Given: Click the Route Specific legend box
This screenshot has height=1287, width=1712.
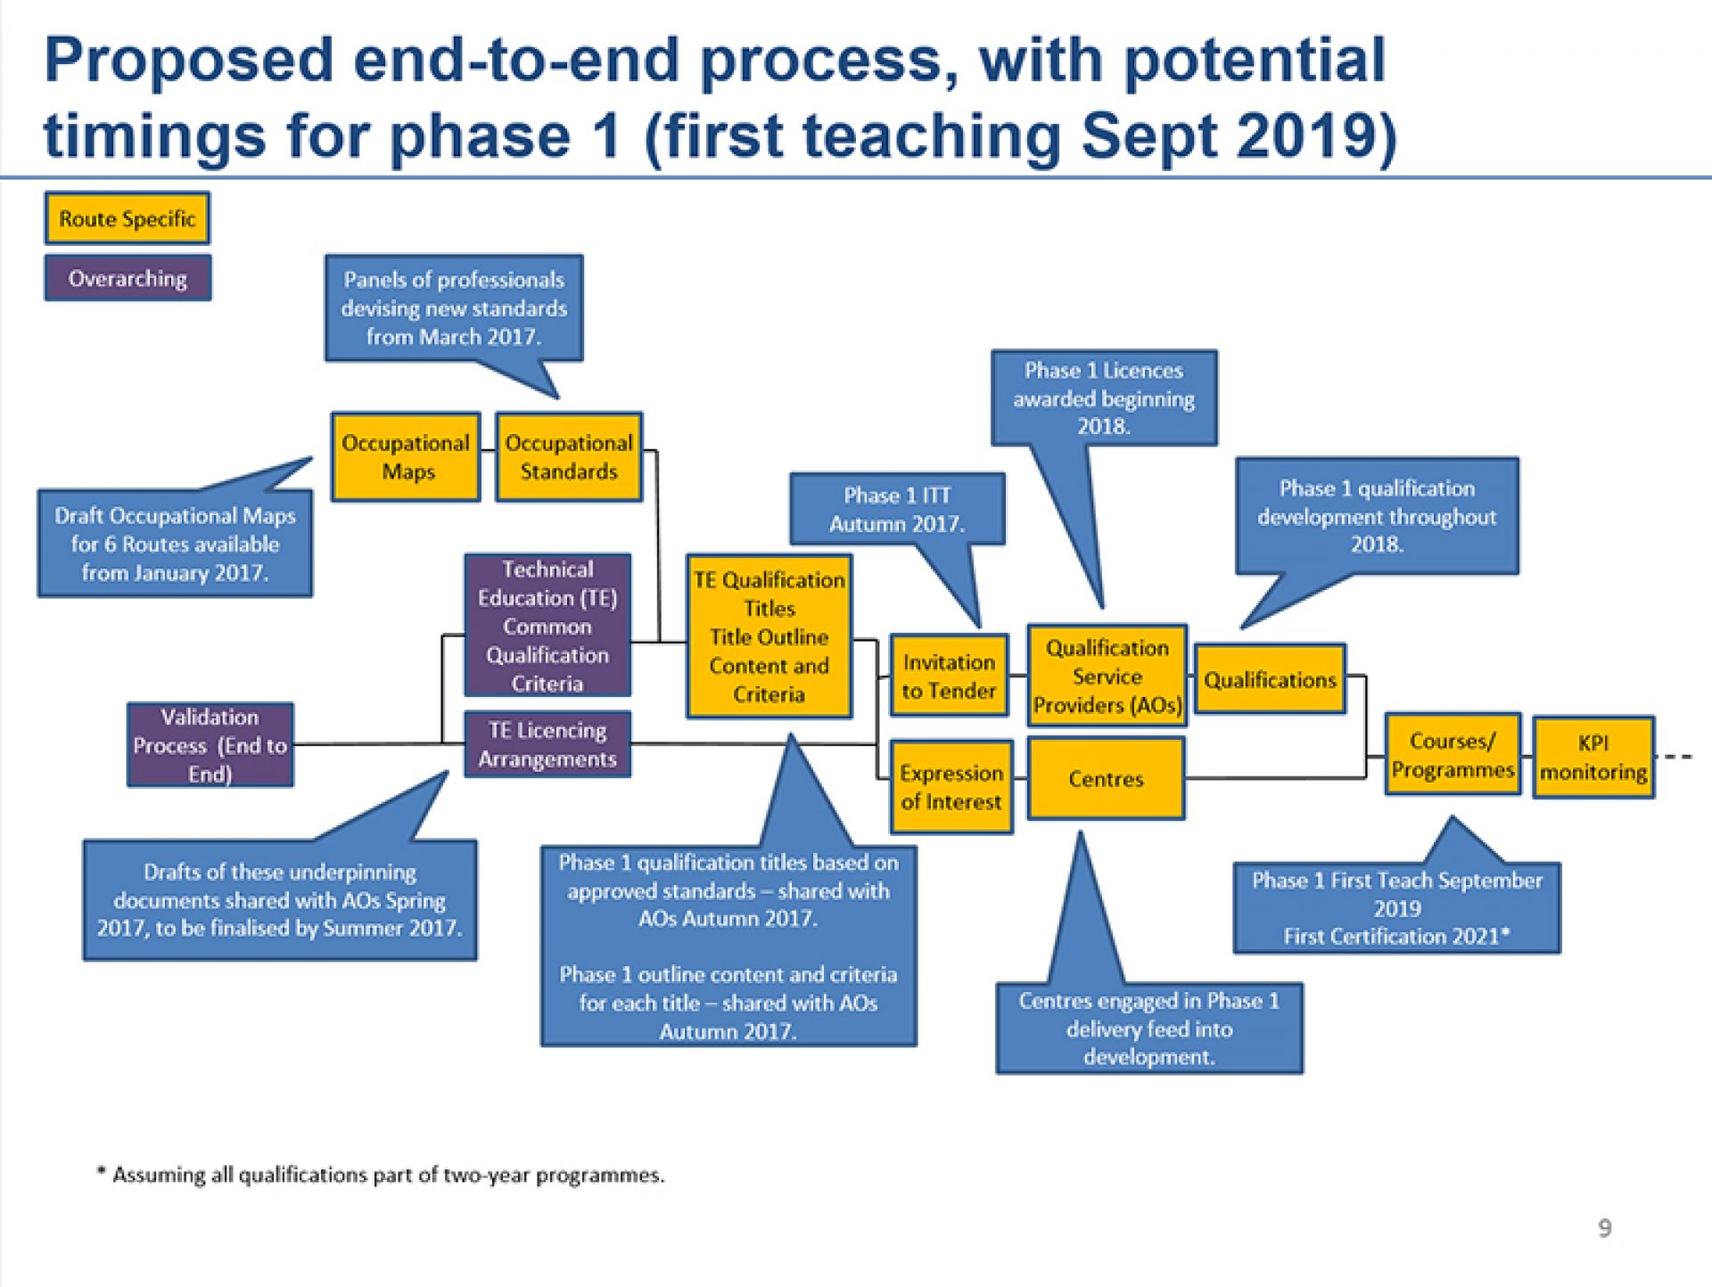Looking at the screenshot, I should (128, 218).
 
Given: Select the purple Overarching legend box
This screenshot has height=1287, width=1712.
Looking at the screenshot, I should (128, 278).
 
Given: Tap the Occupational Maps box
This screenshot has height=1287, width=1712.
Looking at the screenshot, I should (406, 457).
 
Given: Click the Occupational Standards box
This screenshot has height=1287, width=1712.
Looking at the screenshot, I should (569, 457).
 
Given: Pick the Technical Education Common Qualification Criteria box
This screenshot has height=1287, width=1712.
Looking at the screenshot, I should (547, 626).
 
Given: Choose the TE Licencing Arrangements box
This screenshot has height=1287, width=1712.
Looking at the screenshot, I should (547, 744).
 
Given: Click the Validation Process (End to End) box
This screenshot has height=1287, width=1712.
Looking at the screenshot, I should (210, 745).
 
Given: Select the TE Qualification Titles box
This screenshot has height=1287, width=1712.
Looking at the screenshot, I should (769, 636).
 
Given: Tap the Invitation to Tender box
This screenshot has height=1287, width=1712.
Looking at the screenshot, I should (949, 676).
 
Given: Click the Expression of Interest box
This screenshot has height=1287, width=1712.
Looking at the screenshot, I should (951, 787).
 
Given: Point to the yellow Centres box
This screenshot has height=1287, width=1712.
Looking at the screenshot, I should (1106, 779).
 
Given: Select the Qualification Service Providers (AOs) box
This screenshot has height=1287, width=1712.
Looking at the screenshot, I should (1107, 676).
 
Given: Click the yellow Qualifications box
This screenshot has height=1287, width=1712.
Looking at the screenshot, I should (1270, 679).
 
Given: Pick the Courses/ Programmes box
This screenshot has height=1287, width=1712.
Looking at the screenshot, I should (1453, 755).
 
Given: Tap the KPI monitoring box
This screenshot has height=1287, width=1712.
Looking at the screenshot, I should (1593, 758).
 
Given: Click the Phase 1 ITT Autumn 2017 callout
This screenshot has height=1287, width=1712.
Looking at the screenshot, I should (897, 509).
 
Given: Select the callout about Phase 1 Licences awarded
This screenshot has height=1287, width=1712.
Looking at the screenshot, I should (1103, 398).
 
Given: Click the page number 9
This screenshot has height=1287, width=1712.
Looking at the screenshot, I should (1604, 1228).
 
